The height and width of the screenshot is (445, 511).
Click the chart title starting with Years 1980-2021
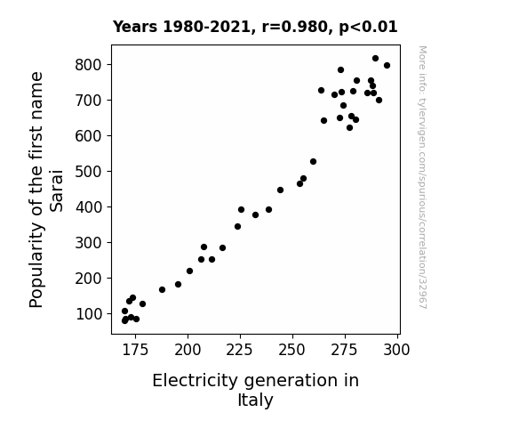coord(255,27)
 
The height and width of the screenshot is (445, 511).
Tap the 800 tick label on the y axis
coord(89,65)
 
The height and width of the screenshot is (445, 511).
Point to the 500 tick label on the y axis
coord(89,172)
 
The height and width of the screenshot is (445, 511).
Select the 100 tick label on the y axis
coord(89,314)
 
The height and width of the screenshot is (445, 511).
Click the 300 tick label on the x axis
coord(396,350)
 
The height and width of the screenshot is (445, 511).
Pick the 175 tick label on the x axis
coord(135,350)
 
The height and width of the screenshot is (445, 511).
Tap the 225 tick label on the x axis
coord(240,350)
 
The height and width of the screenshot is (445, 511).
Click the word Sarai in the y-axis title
coord(56,190)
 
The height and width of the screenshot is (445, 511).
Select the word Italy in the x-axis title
coord(255,400)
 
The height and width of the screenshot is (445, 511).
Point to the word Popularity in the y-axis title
coord(36,265)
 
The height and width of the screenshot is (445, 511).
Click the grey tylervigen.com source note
coord(422,177)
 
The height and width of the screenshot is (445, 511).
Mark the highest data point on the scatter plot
coord(375,59)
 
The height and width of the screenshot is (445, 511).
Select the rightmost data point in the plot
coord(387,66)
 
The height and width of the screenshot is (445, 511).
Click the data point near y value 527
coord(313,162)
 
